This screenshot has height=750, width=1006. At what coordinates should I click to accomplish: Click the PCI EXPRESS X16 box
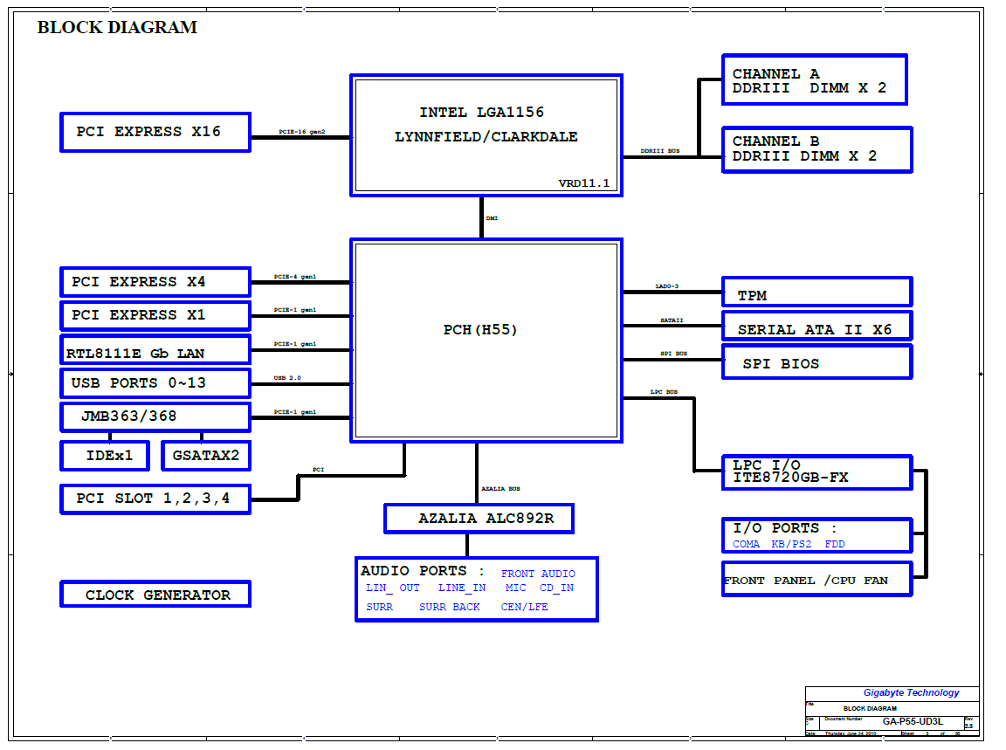click(155, 132)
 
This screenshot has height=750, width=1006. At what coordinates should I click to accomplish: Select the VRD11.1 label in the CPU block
click(584, 183)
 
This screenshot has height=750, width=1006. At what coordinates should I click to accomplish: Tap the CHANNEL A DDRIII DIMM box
click(814, 80)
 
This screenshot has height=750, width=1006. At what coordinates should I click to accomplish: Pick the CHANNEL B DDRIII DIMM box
click(817, 149)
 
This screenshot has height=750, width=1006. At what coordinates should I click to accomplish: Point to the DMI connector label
click(493, 218)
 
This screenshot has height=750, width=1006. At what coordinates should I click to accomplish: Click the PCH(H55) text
click(480, 330)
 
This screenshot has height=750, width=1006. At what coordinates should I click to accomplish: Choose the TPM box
click(817, 292)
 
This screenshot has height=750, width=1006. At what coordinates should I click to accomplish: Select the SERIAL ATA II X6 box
click(817, 327)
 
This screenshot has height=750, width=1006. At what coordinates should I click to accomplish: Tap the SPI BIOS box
click(817, 362)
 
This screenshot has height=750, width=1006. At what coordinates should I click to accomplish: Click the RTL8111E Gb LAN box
click(155, 350)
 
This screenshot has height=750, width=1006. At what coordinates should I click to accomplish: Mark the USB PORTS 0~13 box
click(155, 383)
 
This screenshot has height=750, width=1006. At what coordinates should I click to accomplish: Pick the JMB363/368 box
click(155, 416)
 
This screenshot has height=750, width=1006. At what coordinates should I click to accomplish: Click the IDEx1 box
click(109, 456)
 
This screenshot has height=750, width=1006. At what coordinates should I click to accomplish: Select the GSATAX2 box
click(205, 456)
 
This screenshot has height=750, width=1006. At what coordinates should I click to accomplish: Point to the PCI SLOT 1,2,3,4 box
click(155, 499)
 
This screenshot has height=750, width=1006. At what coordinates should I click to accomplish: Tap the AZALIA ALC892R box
click(479, 518)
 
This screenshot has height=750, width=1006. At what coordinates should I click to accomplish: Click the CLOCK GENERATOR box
click(155, 595)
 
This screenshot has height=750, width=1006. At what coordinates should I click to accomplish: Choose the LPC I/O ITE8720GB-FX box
click(817, 471)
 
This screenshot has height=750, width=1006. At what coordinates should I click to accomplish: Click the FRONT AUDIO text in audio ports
click(538, 574)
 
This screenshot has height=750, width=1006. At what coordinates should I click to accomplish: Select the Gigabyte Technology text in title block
click(911, 692)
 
